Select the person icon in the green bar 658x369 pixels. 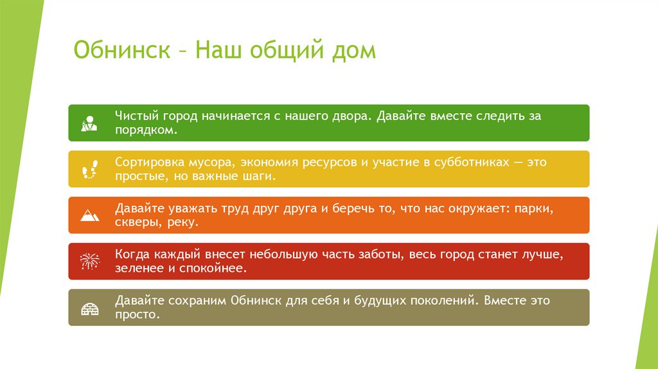(89, 123)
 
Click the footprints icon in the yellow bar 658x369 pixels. (89, 170)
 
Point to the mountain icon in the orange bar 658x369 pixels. (89, 215)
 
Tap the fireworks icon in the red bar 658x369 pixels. (89, 262)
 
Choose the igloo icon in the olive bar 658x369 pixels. (89, 308)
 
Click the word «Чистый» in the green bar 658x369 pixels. (134, 116)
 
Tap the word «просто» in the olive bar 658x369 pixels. (136, 315)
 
